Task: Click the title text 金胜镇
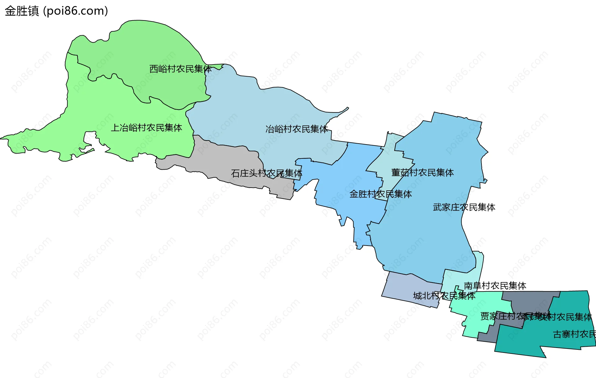(22, 11)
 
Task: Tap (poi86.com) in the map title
(75, 11)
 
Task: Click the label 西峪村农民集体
(180, 69)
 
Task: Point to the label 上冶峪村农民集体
(146, 128)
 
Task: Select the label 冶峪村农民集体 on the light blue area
(296, 129)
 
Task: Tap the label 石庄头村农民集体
(266, 173)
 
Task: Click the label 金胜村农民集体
(380, 194)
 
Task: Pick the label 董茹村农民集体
(422, 172)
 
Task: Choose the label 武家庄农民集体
(464, 207)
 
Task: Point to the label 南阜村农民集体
(495, 286)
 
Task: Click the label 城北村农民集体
(444, 296)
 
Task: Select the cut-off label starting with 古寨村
(574, 334)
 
